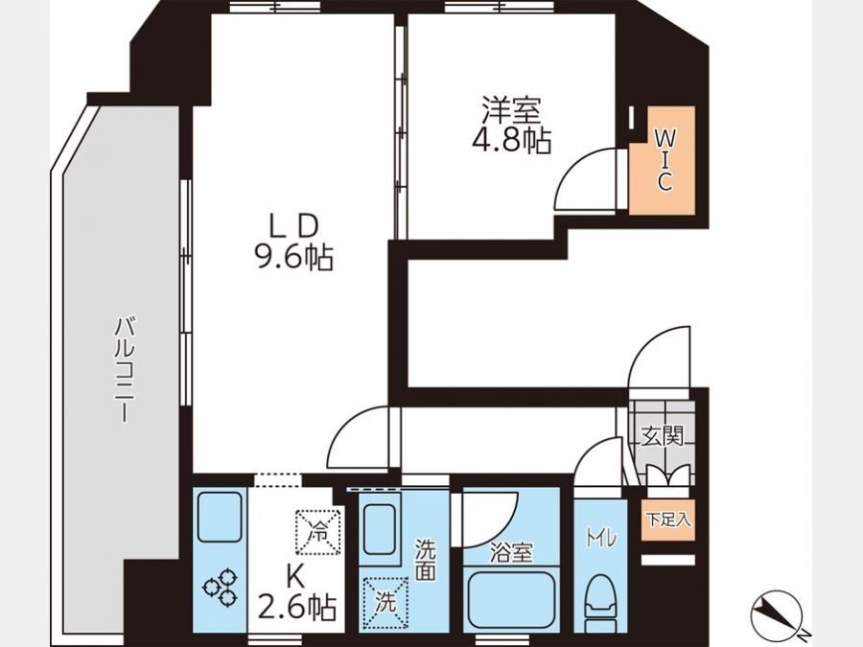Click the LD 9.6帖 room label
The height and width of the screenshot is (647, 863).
294,242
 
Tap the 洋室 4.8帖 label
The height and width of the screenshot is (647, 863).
511,125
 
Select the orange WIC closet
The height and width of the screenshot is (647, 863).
662,160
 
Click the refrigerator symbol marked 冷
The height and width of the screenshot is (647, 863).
318,532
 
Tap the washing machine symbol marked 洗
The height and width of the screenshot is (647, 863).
385,602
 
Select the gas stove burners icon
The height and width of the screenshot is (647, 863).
222,587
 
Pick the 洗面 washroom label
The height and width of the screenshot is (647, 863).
425,560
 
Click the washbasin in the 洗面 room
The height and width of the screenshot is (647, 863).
380,533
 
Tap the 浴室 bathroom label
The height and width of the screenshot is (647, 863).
511,552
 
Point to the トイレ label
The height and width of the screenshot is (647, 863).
600,538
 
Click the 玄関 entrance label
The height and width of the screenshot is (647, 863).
662,436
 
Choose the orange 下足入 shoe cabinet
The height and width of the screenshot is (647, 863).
667,520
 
